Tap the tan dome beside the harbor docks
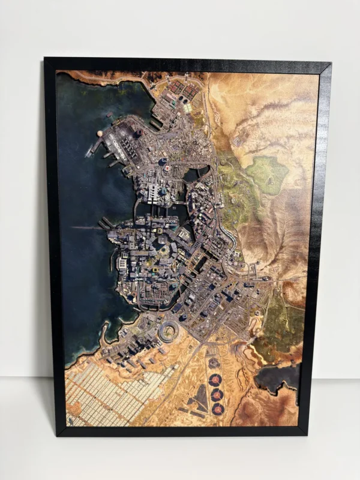(100, 134)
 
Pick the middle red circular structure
(217, 394)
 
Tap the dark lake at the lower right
(280, 377)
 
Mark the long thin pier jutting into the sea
(87, 227)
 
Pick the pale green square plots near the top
(188, 108)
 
